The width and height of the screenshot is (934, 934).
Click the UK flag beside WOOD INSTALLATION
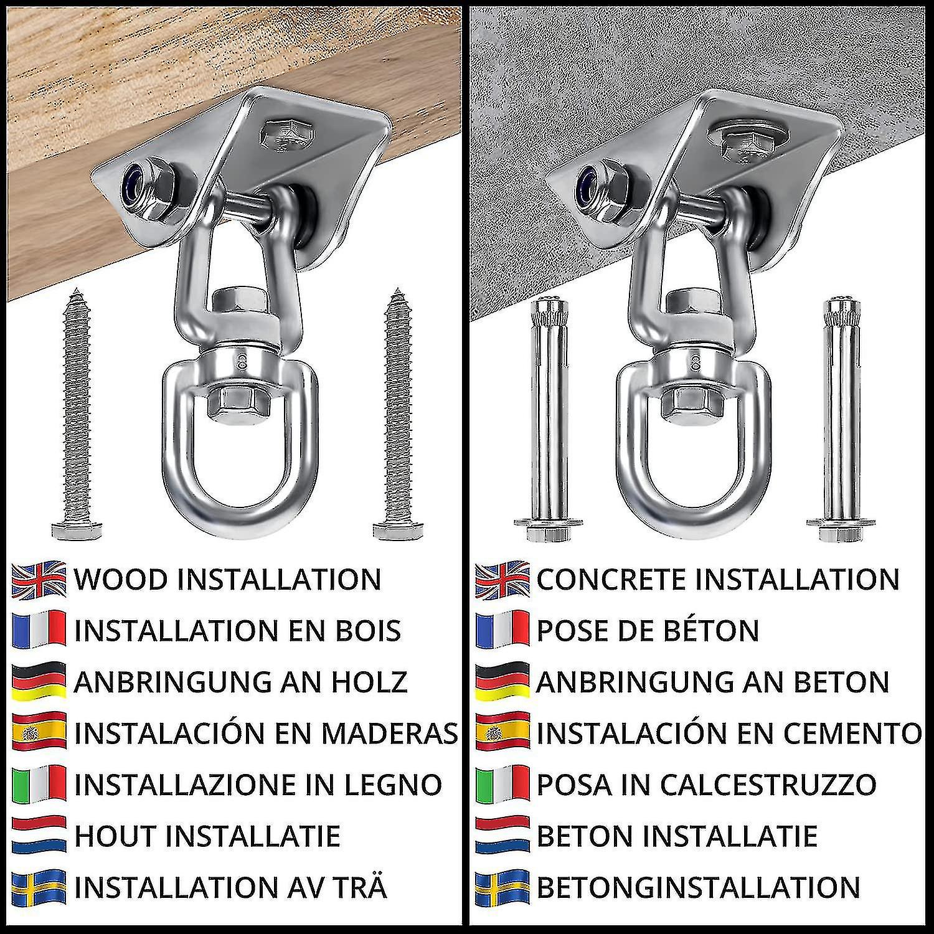pyautogui.click(x=39, y=580)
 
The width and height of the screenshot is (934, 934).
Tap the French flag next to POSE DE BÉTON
pyautogui.click(x=502, y=631)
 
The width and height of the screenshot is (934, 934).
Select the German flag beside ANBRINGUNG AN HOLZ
pyautogui.click(x=39, y=682)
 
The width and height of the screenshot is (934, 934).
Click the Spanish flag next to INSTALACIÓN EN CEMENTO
pyautogui.click(x=502, y=733)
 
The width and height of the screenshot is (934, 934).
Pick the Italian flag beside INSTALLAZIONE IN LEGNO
pyautogui.click(x=39, y=784)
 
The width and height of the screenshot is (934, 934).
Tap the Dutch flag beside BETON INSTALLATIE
pyautogui.click(x=502, y=835)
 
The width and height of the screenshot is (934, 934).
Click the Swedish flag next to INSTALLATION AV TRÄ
pyautogui.click(x=39, y=887)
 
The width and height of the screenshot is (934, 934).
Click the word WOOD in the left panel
pyautogui.click(x=121, y=580)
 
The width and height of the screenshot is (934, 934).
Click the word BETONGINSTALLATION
pyautogui.click(x=699, y=887)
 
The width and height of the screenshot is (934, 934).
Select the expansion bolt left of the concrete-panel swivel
pyautogui.click(x=549, y=421)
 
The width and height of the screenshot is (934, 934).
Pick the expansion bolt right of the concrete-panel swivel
pyautogui.click(x=840, y=421)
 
